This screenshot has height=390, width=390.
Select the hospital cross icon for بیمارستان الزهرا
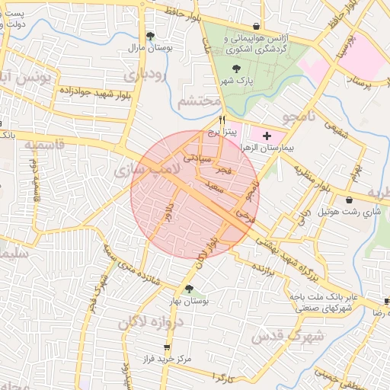[266, 136]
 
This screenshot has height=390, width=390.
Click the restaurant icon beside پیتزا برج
[222, 120]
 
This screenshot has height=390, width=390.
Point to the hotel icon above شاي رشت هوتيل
[350, 200]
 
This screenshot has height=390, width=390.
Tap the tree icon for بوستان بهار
[187, 288]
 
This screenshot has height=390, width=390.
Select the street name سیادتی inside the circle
[190, 158]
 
